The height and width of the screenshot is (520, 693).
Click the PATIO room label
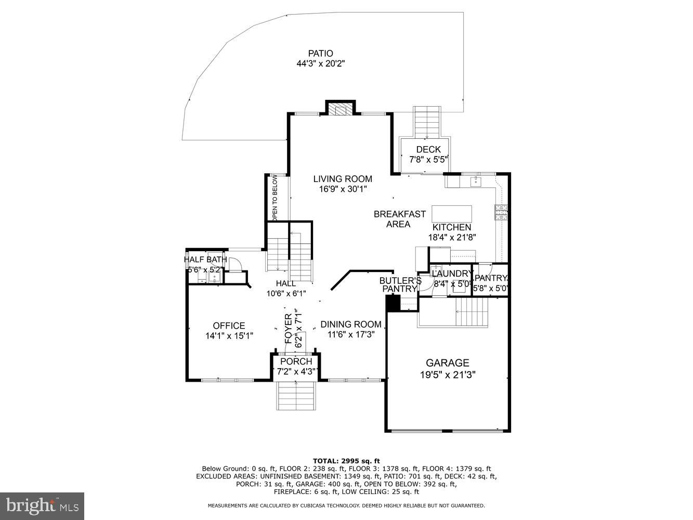(x=320, y=53)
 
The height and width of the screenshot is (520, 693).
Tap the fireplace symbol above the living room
(x=341, y=109)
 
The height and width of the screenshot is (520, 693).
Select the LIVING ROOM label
(x=343, y=179)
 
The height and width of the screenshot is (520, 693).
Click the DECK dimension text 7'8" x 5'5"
(x=428, y=160)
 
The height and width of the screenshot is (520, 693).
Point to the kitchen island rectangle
(x=452, y=214)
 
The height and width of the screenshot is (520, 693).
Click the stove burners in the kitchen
(x=501, y=213)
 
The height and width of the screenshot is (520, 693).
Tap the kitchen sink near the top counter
(x=475, y=181)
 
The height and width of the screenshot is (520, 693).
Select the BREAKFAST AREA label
(x=399, y=219)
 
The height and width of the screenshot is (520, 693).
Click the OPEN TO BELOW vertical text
(x=275, y=198)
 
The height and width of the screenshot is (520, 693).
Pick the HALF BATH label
(x=205, y=259)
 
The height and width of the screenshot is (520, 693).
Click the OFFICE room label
(x=229, y=326)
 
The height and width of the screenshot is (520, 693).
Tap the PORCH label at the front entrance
(x=296, y=361)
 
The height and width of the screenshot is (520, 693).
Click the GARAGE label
(x=447, y=363)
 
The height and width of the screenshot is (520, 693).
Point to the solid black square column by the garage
(x=393, y=303)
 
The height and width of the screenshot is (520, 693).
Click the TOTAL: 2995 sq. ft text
(x=346, y=461)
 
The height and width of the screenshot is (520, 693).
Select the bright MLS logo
(x=43, y=505)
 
